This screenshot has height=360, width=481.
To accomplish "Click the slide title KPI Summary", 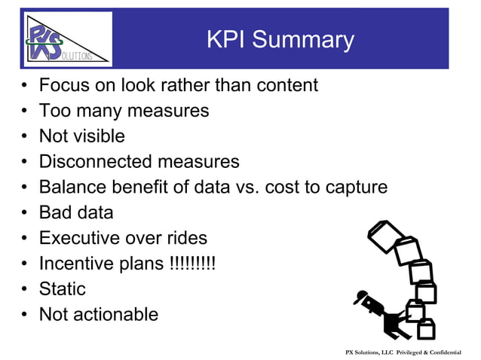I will pos(280,40).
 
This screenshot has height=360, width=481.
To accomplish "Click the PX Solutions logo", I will pos(67,39).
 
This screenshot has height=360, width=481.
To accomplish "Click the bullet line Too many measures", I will pos(124,111).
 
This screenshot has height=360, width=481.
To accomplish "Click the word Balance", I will pos(72,188).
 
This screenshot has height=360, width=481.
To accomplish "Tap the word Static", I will pos(63,289).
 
